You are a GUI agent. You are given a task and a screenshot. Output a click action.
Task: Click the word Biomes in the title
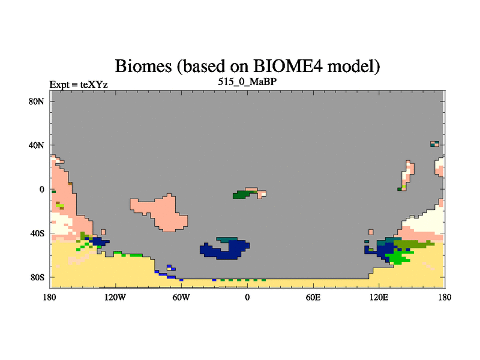pyautogui.click(x=143, y=66)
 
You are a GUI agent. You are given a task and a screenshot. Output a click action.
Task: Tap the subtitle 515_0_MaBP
pyautogui.click(x=247, y=82)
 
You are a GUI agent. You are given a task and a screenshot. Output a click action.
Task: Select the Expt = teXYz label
pyautogui.click(x=79, y=85)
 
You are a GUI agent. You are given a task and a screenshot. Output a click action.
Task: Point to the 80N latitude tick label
pyautogui.click(x=37, y=101)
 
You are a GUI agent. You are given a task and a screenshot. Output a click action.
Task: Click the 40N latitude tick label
pyautogui.click(x=37, y=145)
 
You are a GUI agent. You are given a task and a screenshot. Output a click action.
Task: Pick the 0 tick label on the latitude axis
pyautogui.click(x=41, y=190)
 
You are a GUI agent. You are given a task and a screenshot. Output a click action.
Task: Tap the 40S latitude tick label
pyautogui.click(x=37, y=233)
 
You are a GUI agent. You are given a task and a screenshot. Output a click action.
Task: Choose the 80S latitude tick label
pyautogui.click(x=37, y=277)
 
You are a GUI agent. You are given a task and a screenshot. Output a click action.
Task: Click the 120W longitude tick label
pyautogui.click(x=115, y=297)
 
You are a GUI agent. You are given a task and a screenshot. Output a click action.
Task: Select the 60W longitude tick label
pyautogui.click(x=181, y=297)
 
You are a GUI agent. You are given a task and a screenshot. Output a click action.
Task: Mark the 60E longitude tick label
pyautogui.click(x=313, y=297)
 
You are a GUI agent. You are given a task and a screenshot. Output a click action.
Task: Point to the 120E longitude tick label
pyautogui.click(x=379, y=297)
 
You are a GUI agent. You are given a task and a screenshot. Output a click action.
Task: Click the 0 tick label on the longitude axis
pyautogui.click(x=247, y=297)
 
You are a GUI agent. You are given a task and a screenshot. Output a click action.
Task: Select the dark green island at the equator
pyautogui.click(x=242, y=194)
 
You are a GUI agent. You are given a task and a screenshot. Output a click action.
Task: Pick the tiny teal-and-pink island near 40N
pyautogui.click(x=434, y=144)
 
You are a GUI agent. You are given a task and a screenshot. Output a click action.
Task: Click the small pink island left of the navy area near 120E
pyautogui.click(x=371, y=232)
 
